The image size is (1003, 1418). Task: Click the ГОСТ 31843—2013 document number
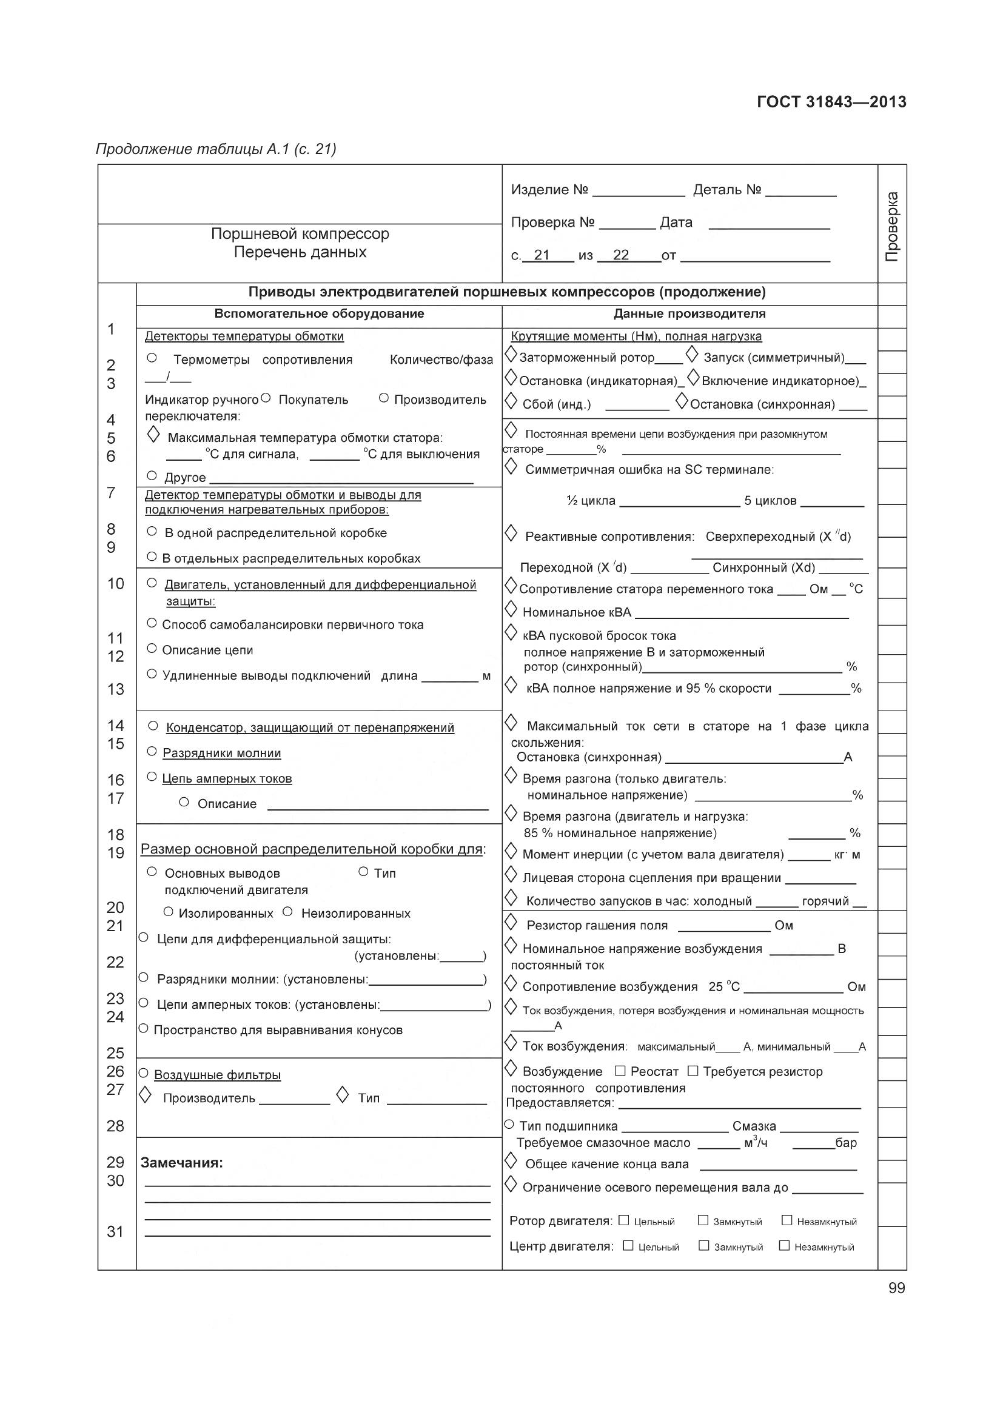831,102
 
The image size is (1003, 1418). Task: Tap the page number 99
897,1288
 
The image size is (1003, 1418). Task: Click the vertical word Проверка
893,227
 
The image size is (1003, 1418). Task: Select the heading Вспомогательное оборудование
319,314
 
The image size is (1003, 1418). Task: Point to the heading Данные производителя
689,314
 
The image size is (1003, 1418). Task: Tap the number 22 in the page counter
621,255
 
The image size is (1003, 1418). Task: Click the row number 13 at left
115,689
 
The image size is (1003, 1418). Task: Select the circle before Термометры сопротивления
152,358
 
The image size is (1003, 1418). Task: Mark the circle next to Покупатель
266,398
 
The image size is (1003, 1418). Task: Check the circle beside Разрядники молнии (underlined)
152,751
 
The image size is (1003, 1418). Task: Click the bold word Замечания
181,1163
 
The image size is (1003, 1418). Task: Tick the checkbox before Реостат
621,1070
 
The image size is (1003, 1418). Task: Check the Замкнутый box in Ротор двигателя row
703,1220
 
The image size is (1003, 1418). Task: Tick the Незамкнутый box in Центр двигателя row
783,1245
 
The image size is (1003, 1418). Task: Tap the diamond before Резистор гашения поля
511,923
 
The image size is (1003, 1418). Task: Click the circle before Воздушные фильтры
143,1074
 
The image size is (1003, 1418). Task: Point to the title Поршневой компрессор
300,234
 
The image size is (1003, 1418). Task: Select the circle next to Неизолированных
287,912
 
